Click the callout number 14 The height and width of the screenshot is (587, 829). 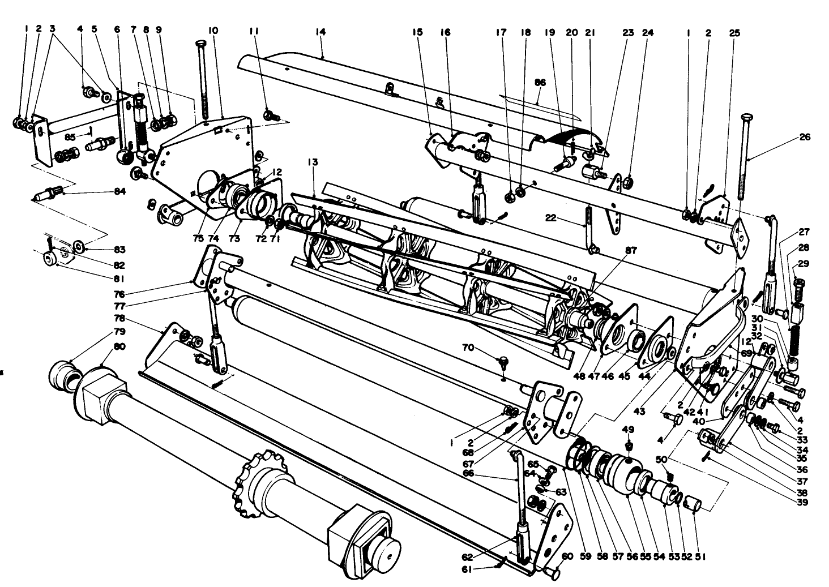tap(321, 32)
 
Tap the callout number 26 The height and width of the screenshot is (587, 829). tap(805, 137)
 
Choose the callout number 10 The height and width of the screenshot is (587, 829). tap(213, 32)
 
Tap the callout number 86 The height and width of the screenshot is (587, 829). tap(540, 82)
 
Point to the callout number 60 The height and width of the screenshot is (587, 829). tap(567, 556)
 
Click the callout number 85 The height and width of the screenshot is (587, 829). tap(70, 137)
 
